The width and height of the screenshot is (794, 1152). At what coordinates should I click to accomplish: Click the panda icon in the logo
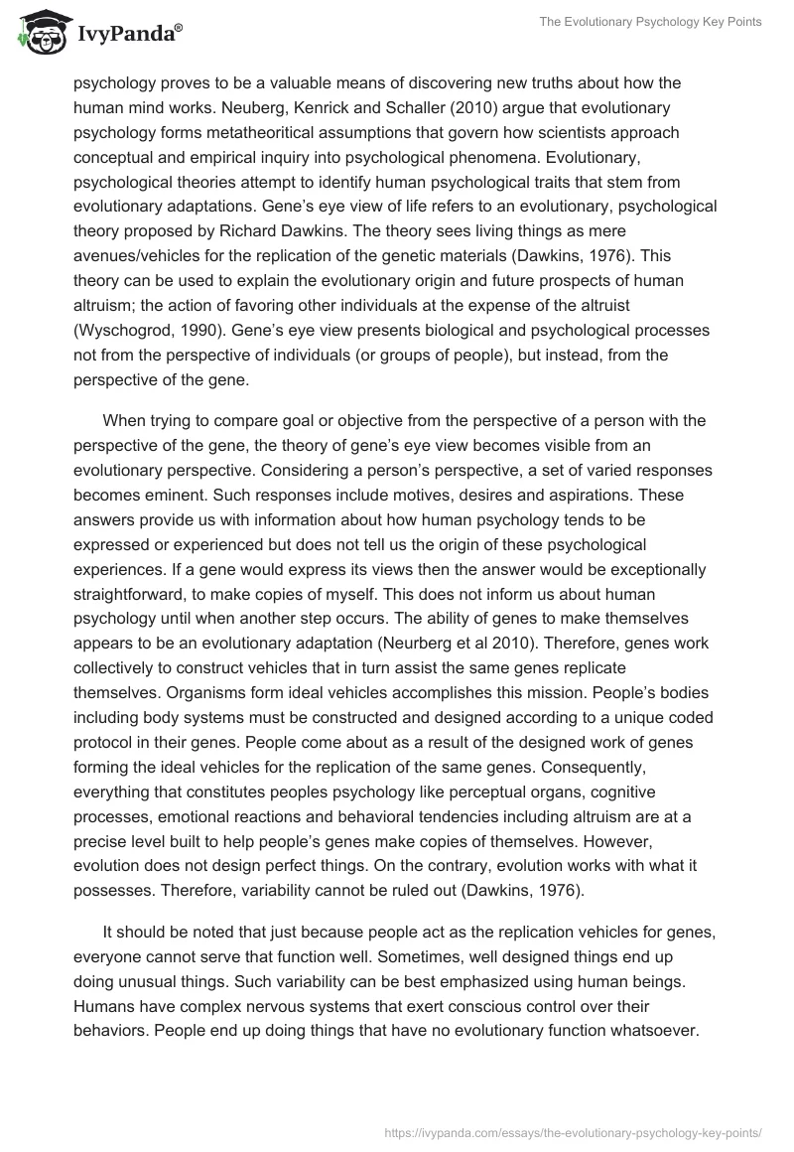[x=39, y=34]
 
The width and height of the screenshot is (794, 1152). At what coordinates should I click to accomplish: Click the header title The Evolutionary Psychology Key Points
[x=648, y=22]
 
